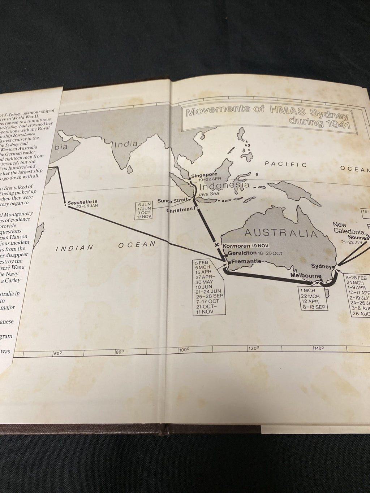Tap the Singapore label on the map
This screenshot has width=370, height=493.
[204, 175]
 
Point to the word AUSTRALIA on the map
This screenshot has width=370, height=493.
[281, 233]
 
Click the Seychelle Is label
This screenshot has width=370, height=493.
[82, 202]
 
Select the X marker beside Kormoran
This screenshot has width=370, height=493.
[217, 245]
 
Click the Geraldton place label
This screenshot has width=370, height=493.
[244, 253]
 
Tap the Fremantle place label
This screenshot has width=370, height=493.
[246, 261]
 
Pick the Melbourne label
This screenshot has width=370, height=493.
[306, 276]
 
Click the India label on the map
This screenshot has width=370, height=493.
[125, 144]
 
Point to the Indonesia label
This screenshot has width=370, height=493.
[224, 186]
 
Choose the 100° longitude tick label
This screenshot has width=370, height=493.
[184, 349]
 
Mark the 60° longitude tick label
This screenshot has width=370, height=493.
[58, 353]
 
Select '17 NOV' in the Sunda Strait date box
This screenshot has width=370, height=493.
[144, 217]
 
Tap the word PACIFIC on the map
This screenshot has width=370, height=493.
[286, 165]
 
